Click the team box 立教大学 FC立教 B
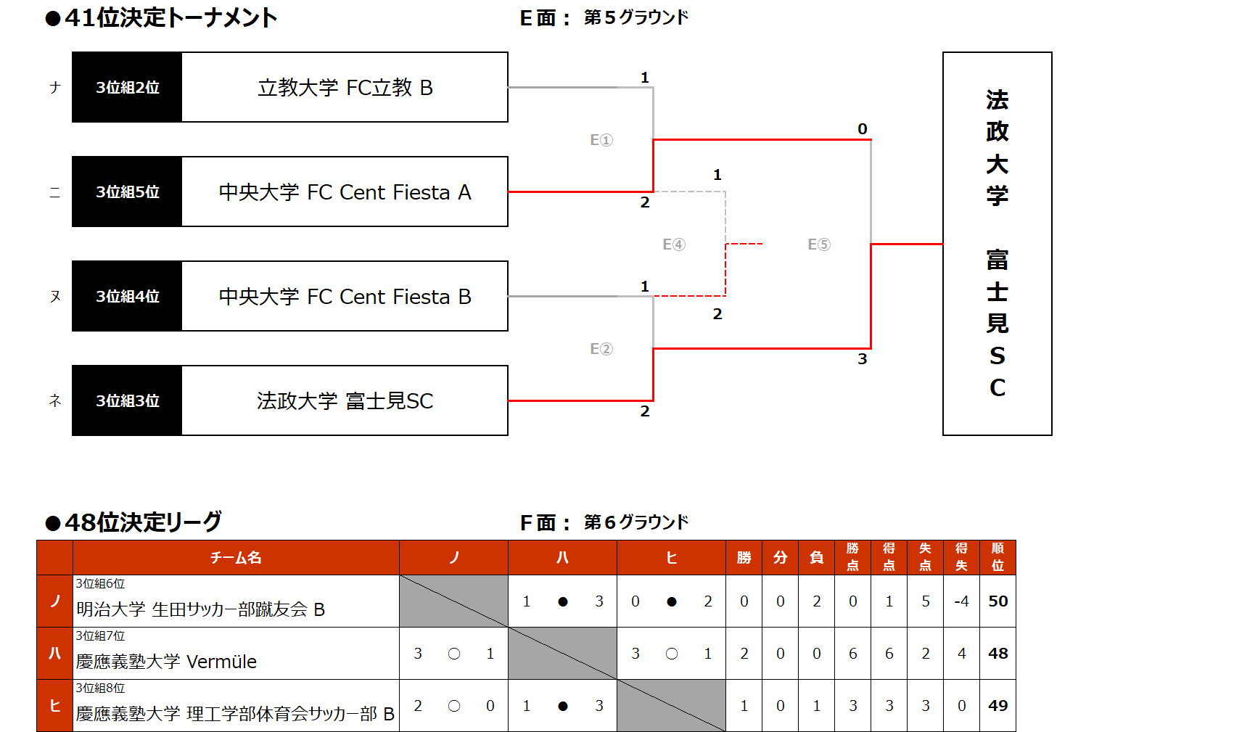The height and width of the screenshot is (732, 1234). click(x=345, y=88)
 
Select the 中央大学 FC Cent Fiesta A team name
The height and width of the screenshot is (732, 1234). click(x=345, y=192)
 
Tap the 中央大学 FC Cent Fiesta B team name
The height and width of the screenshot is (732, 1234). click(x=345, y=297)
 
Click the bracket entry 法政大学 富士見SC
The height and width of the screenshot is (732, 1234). click(x=345, y=401)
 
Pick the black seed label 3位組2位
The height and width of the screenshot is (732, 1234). click(x=127, y=88)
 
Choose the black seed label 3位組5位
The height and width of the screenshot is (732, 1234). click(x=127, y=192)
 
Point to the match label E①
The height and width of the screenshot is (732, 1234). click(x=601, y=140)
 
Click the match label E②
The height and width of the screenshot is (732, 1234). click(x=601, y=349)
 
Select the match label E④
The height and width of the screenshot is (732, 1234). click(x=674, y=244)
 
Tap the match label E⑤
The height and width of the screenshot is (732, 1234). click(x=819, y=244)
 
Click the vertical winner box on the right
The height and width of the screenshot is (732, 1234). click(x=997, y=244)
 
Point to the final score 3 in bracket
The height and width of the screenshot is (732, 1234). click(x=863, y=359)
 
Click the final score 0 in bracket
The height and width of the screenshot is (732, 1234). click(x=863, y=129)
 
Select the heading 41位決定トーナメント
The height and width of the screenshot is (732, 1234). click(x=170, y=17)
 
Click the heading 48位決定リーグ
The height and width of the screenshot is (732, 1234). click(x=142, y=522)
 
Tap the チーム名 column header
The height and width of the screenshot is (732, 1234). click(x=236, y=558)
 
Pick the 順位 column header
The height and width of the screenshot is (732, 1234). click(x=998, y=557)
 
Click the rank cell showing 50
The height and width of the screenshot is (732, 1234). click(x=998, y=601)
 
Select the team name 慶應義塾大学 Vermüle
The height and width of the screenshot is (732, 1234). click(x=167, y=662)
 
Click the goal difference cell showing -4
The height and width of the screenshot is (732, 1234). click(x=961, y=601)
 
